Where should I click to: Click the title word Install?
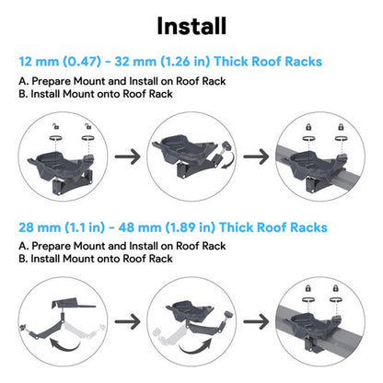pyautogui.click(x=191, y=24)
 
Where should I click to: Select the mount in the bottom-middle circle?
pyautogui.click(x=192, y=313)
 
